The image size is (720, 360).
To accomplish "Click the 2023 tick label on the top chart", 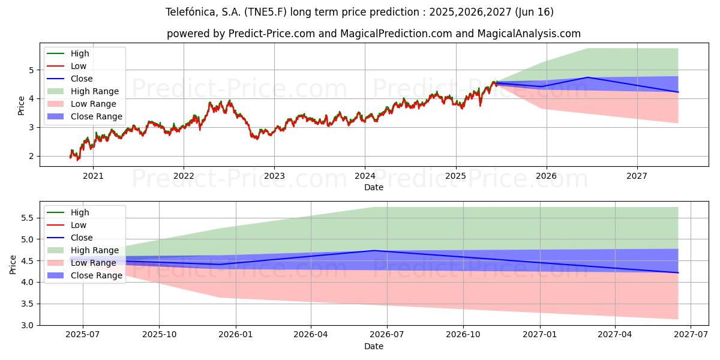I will (274, 176).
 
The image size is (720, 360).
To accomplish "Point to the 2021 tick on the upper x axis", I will (93, 176).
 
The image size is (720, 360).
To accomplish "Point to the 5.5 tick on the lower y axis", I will (27, 218).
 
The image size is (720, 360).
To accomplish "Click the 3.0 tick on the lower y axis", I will (27, 325).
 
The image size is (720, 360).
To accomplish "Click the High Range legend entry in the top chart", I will (95, 91).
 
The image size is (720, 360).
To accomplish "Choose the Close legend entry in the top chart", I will (82, 79).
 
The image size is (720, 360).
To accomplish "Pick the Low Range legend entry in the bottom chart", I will (94, 263).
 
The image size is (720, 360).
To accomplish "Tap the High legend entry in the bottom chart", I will (80, 212).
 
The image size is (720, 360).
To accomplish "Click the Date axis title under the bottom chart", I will (373, 346).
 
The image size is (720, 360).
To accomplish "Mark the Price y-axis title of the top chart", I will (22, 105).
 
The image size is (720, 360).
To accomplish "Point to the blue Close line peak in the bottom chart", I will (374, 251).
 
